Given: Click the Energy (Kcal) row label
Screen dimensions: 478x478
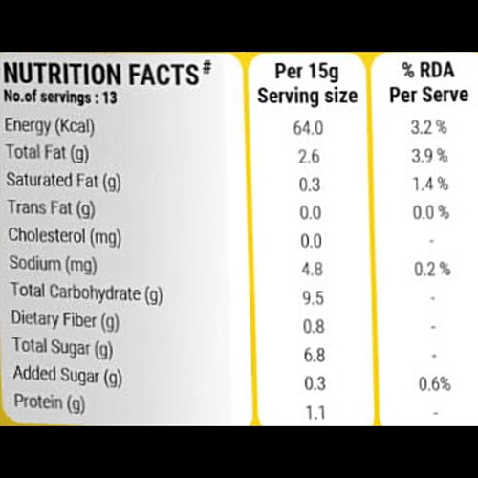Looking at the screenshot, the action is pos(50,126).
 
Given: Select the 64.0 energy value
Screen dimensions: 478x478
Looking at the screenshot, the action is pos(308,128).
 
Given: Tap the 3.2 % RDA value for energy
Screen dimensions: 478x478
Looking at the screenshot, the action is pos(429,127).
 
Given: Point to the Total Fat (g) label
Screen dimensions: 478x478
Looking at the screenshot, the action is pos(47,153).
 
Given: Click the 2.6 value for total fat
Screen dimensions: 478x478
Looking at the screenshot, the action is pos(309,157).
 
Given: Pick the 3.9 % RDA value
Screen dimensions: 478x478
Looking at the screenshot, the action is pos(429,156).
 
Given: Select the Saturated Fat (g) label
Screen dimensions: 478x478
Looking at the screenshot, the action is pos(63,182).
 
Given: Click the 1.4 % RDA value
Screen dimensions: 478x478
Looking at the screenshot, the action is pos(430,184).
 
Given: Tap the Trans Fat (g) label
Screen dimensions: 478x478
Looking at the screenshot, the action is pos(52,208).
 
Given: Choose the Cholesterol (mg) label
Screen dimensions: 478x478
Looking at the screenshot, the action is pos(65,237).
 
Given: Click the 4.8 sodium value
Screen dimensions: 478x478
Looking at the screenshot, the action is pos(313,270).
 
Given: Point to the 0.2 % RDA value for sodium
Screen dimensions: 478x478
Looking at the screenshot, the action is pos(432,269).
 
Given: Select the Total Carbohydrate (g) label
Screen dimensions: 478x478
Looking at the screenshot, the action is pos(87,293).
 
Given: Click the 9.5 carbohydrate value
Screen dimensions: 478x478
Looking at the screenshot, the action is pos(313,298).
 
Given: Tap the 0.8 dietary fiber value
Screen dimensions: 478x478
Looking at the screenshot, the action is pos(314,327).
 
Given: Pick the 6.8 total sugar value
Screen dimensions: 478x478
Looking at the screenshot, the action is pos(315,355).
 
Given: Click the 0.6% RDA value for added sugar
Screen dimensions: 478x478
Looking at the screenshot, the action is pos(435,383).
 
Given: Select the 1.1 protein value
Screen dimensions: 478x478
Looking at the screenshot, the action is pos(315,412).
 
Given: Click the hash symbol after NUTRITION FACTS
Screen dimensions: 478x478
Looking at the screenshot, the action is pos(206,68).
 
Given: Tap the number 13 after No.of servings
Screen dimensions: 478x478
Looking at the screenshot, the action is pos(110,98).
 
